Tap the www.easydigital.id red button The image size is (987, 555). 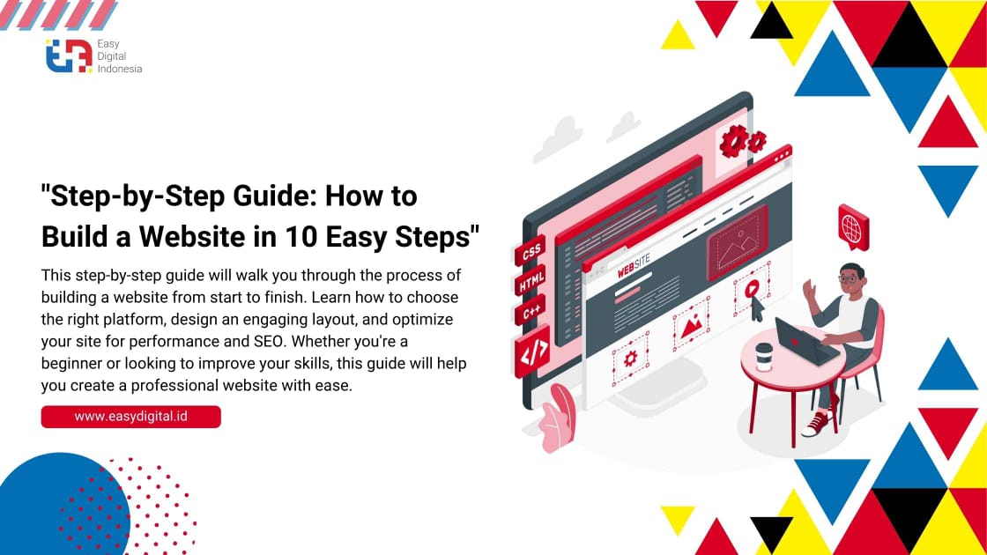(x=130, y=417)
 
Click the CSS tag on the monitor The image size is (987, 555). (x=531, y=253)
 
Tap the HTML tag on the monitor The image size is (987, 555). (x=531, y=284)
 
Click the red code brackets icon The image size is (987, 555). (x=532, y=350)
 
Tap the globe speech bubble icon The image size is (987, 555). (x=853, y=226)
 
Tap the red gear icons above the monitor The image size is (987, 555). (x=742, y=140)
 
